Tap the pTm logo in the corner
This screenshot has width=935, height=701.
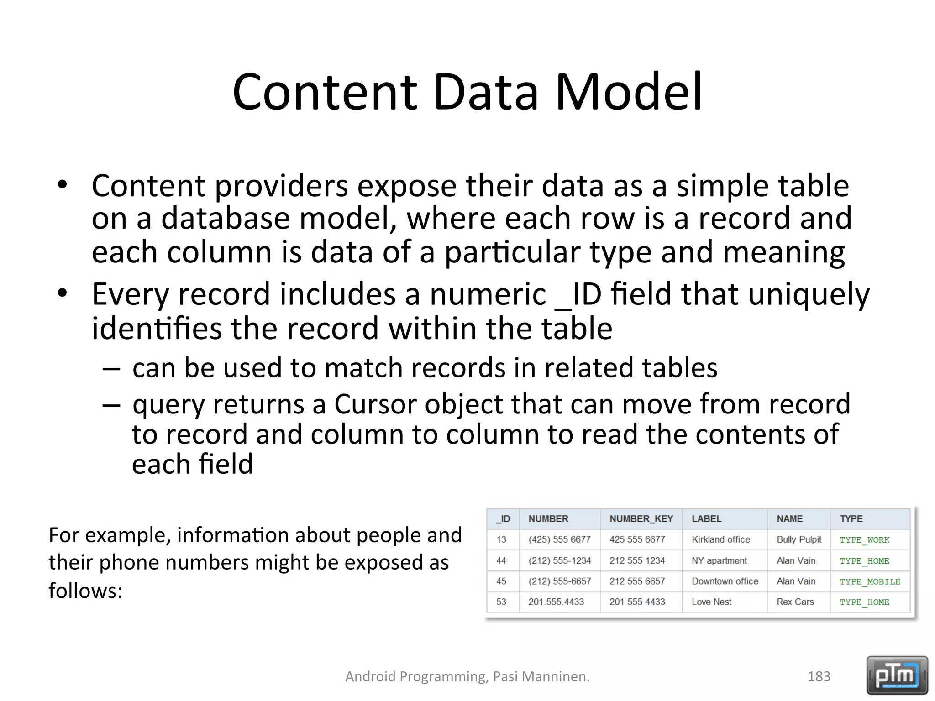click(x=897, y=675)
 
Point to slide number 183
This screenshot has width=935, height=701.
click(x=819, y=676)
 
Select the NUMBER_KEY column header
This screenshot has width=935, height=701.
click(x=641, y=519)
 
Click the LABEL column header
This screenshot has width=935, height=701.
click(x=706, y=519)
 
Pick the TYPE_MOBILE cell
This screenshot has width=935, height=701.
click(x=870, y=582)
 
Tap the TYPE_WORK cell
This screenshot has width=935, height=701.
click(x=864, y=540)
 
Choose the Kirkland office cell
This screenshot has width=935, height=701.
click(x=720, y=539)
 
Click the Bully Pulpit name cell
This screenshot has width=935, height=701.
click(x=798, y=539)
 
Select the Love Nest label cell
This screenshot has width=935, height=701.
click(x=711, y=602)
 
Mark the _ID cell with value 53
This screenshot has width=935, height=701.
click(x=501, y=602)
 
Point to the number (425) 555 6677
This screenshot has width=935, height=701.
click(x=559, y=539)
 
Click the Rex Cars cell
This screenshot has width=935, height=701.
click(x=795, y=602)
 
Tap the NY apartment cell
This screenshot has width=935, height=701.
click(x=719, y=560)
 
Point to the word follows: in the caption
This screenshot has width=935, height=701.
click(x=85, y=591)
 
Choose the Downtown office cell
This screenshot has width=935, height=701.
click(x=725, y=581)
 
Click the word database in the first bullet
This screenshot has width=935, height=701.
click(x=225, y=218)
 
